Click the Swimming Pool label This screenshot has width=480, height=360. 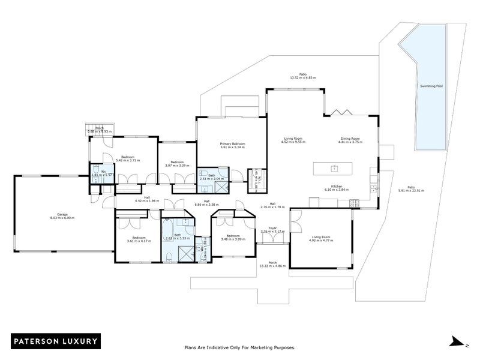(431, 86)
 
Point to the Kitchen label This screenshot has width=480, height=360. (336, 187)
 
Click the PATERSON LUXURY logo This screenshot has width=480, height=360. (55, 341)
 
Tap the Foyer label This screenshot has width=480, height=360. (272, 229)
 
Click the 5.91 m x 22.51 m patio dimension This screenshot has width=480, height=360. (411, 190)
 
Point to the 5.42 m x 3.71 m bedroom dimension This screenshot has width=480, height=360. (127, 161)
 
